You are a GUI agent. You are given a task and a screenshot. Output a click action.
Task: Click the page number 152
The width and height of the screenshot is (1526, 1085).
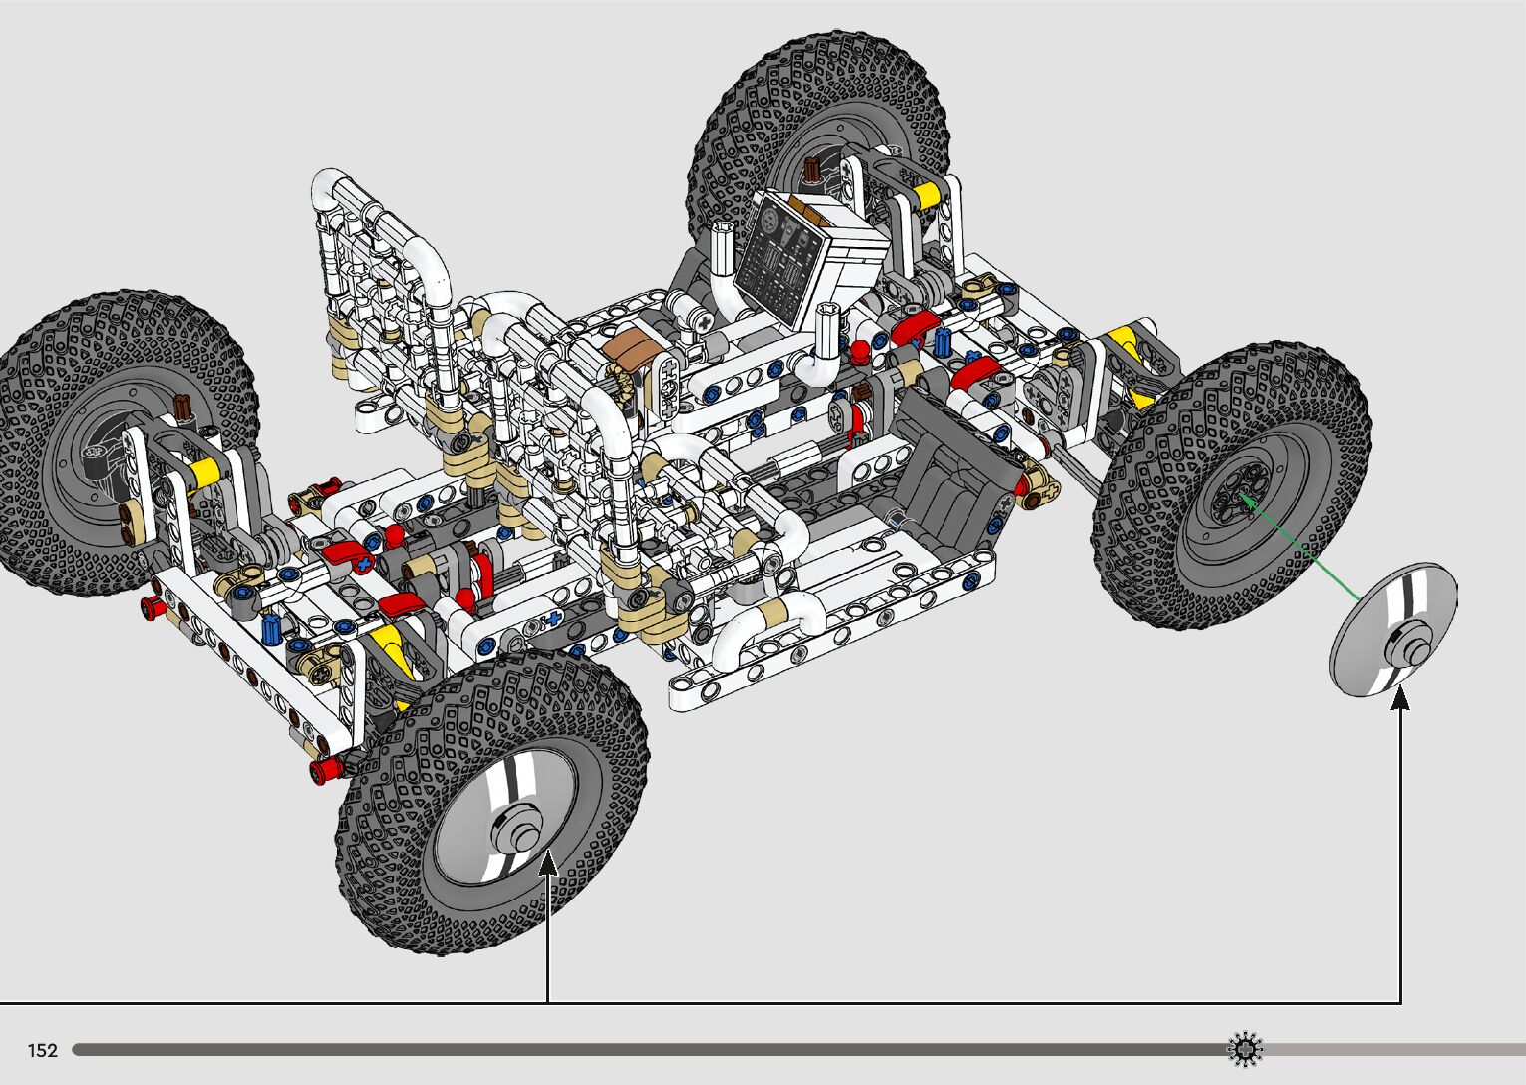point(42,1050)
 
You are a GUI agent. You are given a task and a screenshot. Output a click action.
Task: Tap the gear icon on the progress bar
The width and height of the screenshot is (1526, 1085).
point(1245,1049)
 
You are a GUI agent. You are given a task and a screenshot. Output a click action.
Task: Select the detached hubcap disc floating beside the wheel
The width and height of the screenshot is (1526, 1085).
point(1393,630)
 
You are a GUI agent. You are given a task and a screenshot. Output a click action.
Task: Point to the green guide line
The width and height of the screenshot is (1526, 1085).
point(1299,547)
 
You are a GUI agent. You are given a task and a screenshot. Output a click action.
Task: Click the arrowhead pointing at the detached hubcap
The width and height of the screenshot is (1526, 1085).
point(1400,697)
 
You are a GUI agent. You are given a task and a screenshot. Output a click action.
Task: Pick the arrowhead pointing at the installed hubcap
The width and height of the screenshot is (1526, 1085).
point(548,862)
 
